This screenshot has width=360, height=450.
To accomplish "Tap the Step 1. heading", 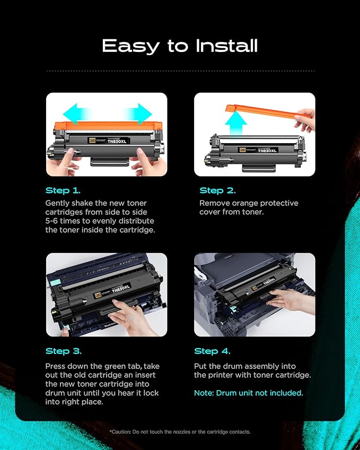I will pos(63,190).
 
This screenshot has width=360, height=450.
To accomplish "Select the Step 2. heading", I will pos(217,190).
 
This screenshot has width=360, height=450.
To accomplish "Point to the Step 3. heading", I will pos(63,351).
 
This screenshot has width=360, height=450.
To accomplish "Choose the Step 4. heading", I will pos(212,351).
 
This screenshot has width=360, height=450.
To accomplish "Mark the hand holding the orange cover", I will pos(305,119).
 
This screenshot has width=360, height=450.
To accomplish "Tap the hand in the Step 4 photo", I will pos(289,301).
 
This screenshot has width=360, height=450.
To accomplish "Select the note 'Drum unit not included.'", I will pos(248,393).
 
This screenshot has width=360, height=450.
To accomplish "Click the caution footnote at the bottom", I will pos(180,432).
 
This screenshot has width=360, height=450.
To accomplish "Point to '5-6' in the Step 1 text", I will pos(54,220).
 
